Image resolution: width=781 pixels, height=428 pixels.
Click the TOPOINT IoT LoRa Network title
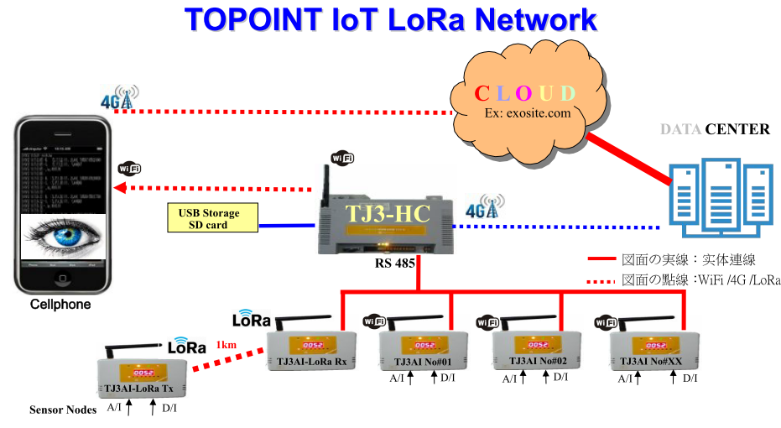(391, 19)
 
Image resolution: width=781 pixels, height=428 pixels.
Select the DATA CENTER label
(715, 129)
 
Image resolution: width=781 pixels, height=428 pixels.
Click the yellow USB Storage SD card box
(209, 219)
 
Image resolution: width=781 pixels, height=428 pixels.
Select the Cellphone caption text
(60, 305)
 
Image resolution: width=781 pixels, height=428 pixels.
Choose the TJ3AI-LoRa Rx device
(311, 348)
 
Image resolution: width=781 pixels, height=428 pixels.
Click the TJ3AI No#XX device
(652, 348)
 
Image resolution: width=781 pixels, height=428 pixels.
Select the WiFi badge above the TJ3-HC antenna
(342, 157)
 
